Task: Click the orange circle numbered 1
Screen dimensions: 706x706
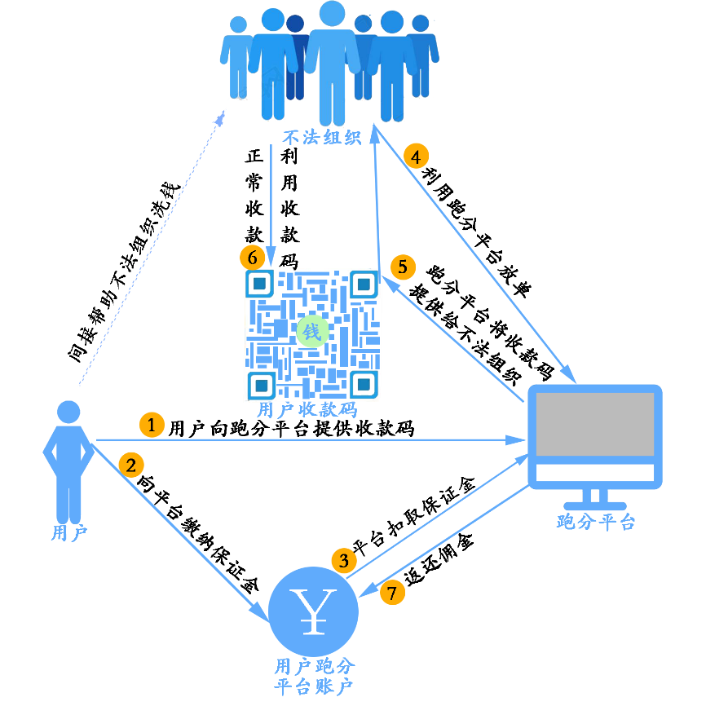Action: tap(152, 425)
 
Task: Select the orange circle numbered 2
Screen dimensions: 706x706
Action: tap(131, 465)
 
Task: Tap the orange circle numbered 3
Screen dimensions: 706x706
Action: tap(343, 560)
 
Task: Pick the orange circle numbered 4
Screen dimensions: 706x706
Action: tap(416, 156)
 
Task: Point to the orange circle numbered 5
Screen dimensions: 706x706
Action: tap(403, 267)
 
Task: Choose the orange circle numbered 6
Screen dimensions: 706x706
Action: tap(252, 258)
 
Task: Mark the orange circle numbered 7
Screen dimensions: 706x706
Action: tap(392, 593)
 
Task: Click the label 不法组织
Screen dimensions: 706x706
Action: tap(321, 137)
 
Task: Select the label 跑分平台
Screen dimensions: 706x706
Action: tap(596, 522)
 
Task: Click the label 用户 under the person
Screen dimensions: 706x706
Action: tap(68, 533)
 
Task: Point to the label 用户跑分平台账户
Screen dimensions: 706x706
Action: tap(314, 676)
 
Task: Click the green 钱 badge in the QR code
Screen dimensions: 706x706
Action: tap(311, 331)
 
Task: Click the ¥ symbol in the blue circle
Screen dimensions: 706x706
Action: tap(314, 611)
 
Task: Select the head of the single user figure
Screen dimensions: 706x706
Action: tap(68, 412)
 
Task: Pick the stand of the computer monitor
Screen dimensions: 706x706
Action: tap(595, 500)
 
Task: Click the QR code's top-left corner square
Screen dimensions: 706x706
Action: tap(260, 284)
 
